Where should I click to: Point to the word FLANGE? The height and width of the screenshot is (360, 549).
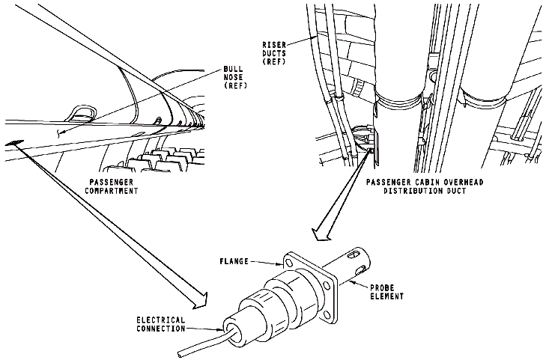[x=237, y=263]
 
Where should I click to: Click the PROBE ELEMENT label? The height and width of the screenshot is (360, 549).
[x=385, y=291]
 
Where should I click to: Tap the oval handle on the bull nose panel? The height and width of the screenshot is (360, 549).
[x=80, y=115]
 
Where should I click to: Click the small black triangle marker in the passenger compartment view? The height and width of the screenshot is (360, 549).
[x=14, y=143]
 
